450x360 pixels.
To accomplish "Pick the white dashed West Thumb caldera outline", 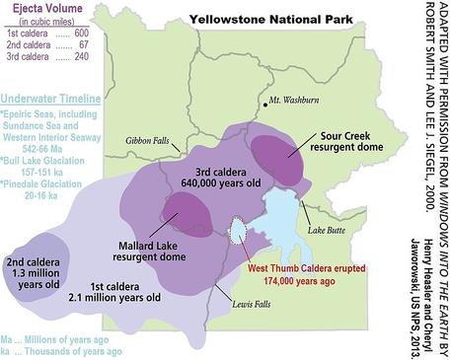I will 237,230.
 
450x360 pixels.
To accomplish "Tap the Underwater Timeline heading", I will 51,100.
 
